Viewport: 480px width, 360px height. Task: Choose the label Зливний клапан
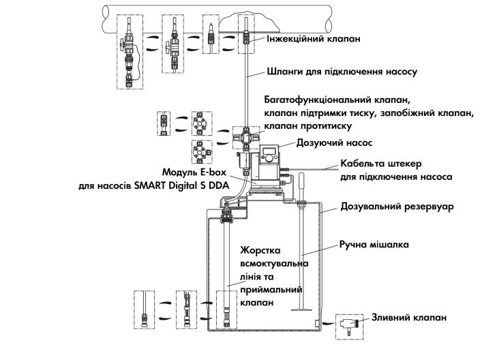(x=409, y=317)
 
